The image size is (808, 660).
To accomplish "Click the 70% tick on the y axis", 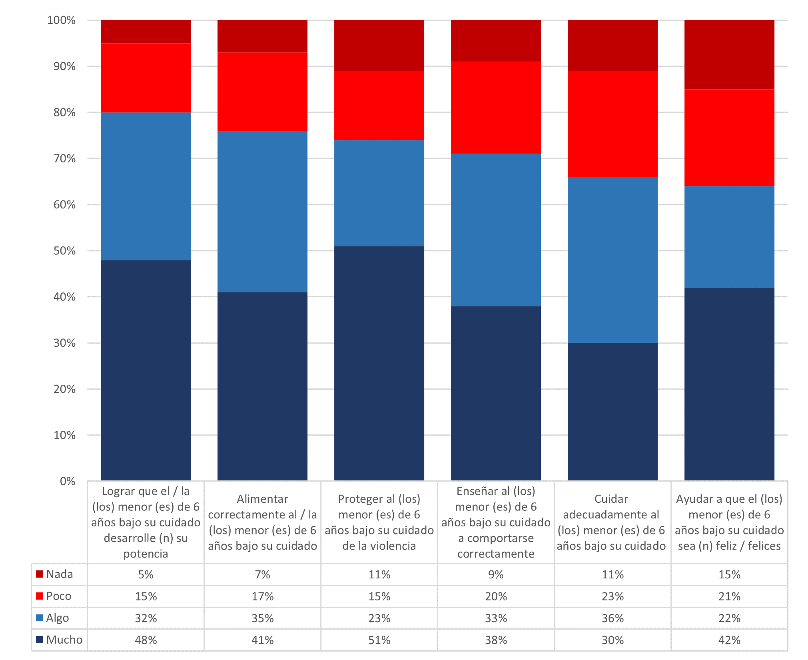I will point(64,159).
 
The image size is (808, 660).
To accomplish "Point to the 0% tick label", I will point(68,481).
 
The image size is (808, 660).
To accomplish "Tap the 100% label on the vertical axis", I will point(61,20).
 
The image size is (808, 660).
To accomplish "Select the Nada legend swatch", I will point(40,574).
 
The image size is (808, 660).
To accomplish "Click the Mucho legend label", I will point(64,640).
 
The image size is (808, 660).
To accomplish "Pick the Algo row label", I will point(57,618).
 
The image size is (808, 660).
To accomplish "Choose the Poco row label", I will point(58,596).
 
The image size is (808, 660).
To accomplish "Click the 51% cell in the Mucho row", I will point(379,640).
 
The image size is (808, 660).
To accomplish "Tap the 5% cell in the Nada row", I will point(146,575).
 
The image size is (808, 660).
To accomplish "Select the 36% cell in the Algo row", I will point(612,618).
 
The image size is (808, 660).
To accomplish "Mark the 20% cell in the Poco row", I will point(496,596).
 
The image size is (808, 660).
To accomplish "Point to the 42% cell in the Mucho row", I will point(729,640).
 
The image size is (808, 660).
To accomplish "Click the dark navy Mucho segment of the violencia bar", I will point(379,363).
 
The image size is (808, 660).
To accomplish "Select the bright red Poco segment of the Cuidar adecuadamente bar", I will point(612,124).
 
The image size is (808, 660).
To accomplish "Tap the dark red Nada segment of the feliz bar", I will point(729,54).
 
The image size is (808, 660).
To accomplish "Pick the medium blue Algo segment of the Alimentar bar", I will point(262,212).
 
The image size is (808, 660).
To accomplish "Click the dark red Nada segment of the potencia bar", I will point(146,32).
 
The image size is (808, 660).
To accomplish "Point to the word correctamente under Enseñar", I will point(496,554).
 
